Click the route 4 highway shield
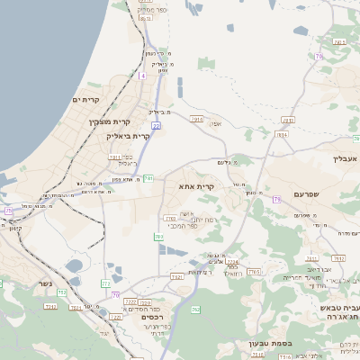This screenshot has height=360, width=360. pyautogui.click(x=142, y=76)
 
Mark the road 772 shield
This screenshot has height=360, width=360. pyautogui.click(x=106, y=284)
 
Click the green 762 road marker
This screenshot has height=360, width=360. pyautogui.click(x=195, y=310)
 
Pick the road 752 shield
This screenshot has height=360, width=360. pyautogui.click(x=63, y=292)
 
